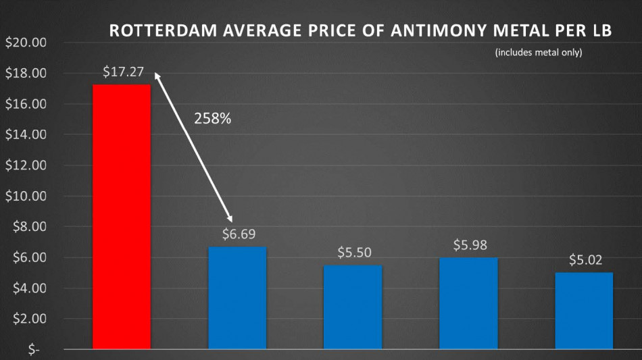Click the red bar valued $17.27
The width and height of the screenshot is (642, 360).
[122, 216]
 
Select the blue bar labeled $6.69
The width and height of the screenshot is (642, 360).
[237, 298]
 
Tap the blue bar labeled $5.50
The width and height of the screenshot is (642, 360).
[353, 307]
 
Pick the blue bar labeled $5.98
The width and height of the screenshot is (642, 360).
[468, 303]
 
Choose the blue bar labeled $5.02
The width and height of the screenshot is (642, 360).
[584, 311]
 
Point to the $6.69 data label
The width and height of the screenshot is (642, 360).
[238, 234]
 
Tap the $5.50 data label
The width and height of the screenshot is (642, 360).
[353, 253]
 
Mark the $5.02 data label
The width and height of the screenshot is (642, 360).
[585, 260]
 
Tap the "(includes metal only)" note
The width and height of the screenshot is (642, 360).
[538, 52]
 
